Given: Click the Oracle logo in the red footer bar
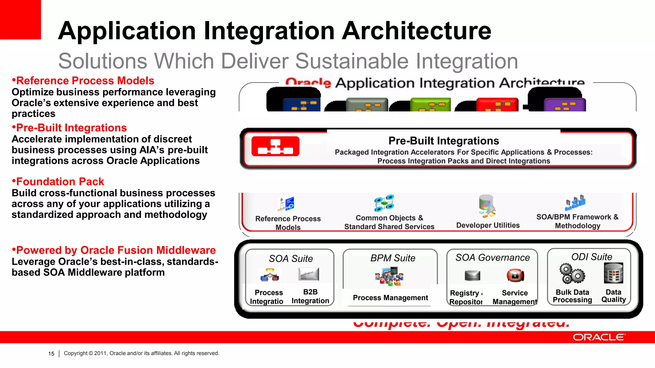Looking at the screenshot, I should (x=599, y=337).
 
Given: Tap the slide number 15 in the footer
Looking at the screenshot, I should (x=51, y=354).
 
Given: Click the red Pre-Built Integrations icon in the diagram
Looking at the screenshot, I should (x=275, y=146).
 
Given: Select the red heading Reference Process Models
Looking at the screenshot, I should (x=85, y=81).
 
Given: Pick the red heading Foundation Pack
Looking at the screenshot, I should (x=60, y=182).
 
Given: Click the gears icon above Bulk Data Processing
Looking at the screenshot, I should (x=572, y=274).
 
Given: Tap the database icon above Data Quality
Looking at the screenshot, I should (x=613, y=273).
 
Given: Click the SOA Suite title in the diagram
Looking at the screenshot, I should (x=291, y=258).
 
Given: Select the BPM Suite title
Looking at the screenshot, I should (x=393, y=258).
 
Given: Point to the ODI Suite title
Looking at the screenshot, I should (x=592, y=257).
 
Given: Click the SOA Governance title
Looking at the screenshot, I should (x=493, y=257).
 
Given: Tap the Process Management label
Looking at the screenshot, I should (x=390, y=298).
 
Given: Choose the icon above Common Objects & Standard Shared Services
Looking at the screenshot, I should (x=384, y=203).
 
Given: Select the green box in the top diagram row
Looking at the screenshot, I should (x=430, y=105).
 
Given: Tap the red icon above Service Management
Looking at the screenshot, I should (x=515, y=275).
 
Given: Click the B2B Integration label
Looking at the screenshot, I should (x=310, y=296).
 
